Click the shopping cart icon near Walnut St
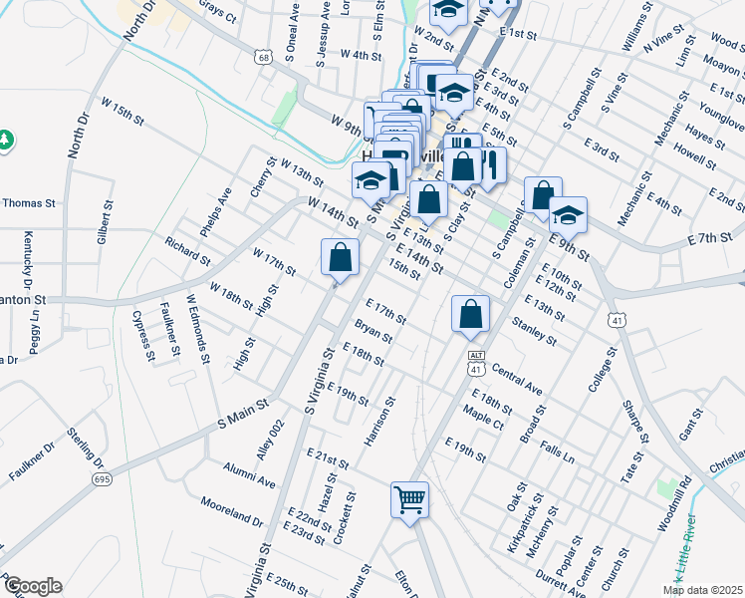pos(410,499)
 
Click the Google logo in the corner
pos(32,586)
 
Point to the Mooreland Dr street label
pos(231,512)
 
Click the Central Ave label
pos(516,378)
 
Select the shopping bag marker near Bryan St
pos(470,314)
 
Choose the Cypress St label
pos(143,336)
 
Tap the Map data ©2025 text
pos(701,590)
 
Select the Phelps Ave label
pos(216,211)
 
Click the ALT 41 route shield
pos(475,362)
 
